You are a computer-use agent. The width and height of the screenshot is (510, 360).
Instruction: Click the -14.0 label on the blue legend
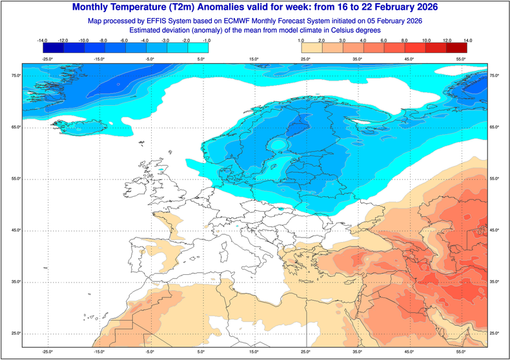point(43,41)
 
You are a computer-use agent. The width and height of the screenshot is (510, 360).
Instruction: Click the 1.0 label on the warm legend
point(301,41)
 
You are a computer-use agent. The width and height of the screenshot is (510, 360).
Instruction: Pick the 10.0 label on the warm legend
point(425,41)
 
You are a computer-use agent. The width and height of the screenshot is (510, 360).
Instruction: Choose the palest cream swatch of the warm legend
point(311,48)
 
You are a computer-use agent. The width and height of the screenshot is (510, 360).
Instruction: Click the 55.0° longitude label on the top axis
point(461,59)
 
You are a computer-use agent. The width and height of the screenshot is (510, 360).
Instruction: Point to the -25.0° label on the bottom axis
point(46,352)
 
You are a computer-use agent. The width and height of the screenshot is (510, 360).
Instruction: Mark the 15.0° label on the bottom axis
point(254,352)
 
